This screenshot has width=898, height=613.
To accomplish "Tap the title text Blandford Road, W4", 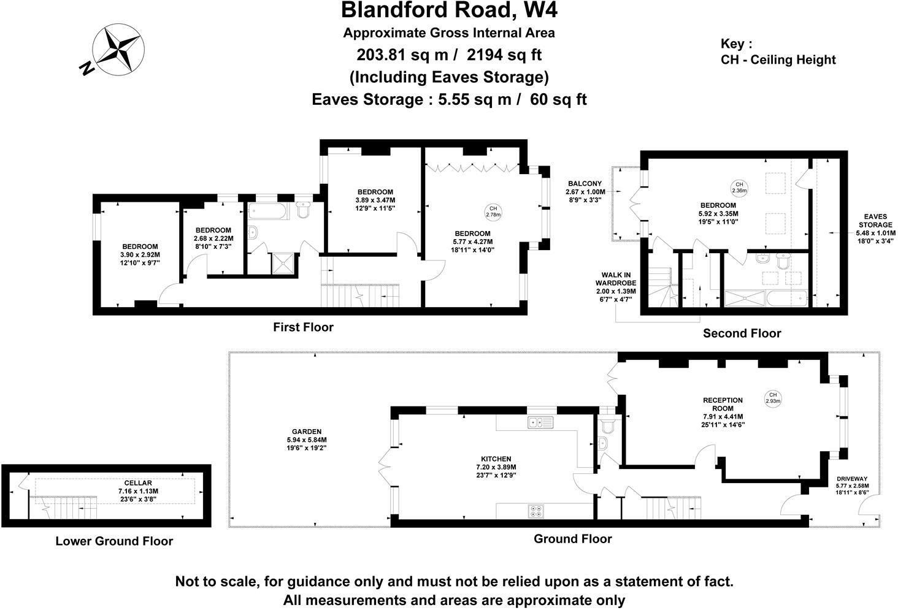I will [449, 10].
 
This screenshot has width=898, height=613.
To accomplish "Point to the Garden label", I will [307, 440].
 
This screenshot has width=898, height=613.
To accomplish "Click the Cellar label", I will [138, 491].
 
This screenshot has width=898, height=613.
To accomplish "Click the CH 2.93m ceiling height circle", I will [773, 398].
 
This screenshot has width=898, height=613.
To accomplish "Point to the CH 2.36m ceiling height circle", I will [739, 187].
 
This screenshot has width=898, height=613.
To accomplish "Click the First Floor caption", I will [303, 327].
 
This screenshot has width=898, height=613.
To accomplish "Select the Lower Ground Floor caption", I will [114, 541].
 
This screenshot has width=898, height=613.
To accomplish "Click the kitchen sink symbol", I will [540, 422].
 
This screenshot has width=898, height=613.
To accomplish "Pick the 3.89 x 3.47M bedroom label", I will [375, 200].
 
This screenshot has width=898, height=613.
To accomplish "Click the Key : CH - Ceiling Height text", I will [778, 52].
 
